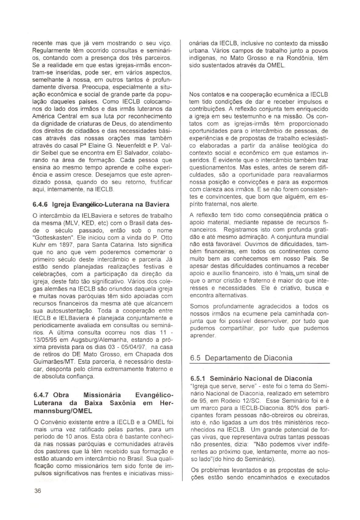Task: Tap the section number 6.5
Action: [x=195, y=358]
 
